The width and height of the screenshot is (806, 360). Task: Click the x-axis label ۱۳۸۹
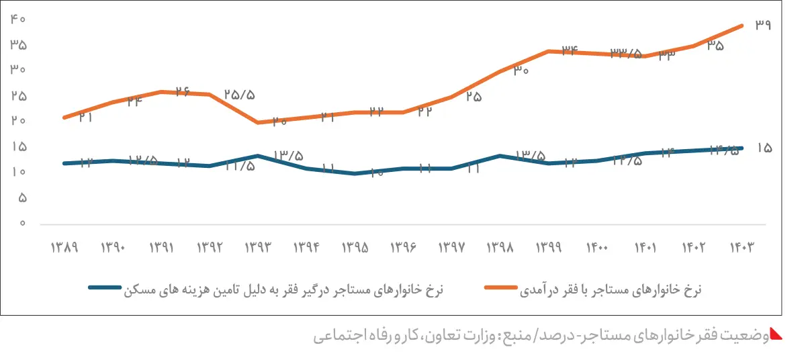click(64, 247)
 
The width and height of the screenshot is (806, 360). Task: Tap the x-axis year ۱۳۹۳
click(258, 247)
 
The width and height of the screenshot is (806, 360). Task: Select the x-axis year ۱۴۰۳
click(742, 247)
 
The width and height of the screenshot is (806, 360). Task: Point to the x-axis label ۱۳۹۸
click(500, 247)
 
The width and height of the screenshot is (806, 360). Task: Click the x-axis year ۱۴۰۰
click(597, 247)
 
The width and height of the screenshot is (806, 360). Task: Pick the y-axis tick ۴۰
click(18, 19)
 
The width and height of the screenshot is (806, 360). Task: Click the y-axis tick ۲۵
click(18, 96)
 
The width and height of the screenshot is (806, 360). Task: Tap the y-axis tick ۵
click(21, 198)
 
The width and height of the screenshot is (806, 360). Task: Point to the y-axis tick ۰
click(22, 223)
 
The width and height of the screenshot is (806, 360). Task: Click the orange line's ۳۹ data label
click(763, 25)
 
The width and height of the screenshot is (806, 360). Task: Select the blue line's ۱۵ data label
click(764, 148)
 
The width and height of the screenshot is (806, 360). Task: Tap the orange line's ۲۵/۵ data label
click(239, 95)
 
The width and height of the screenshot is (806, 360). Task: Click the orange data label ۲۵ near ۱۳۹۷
click(474, 97)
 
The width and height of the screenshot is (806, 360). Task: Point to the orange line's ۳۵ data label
click(715, 46)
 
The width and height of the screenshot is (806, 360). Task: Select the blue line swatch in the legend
click(105, 289)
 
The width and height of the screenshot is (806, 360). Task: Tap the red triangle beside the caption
click(776, 334)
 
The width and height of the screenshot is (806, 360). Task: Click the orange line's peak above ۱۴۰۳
click(742, 26)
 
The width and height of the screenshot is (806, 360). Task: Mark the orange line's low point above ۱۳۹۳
click(258, 122)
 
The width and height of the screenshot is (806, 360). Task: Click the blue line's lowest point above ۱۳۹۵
click(355, 173)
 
